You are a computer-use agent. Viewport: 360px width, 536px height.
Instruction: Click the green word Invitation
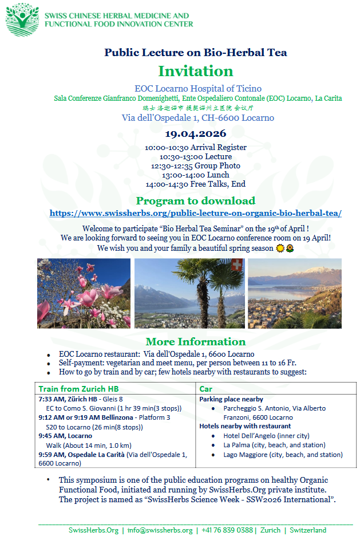(196, 71)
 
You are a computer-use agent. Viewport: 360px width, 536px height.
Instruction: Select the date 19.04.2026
(195, 135)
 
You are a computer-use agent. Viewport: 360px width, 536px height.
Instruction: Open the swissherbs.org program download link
(195, 212)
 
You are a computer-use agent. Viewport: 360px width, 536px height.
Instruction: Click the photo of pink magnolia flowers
(84, 293)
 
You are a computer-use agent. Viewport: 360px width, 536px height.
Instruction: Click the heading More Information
(195, 342)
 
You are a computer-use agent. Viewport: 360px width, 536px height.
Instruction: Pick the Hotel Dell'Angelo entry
(258, 436)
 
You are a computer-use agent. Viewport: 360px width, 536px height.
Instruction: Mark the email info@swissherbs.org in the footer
(160, 530)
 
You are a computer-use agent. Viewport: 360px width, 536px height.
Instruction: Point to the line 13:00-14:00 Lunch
(195, 175)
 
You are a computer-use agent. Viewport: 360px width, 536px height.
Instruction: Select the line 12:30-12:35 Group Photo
(195, 165)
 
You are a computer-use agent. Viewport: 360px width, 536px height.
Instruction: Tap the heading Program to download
(195, 200)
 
